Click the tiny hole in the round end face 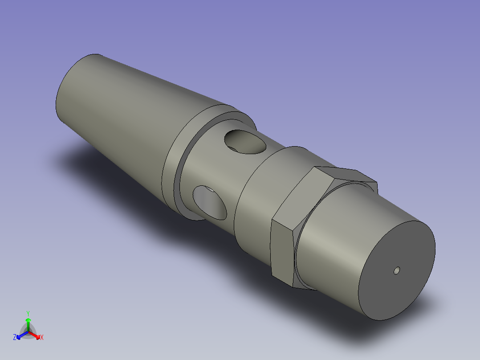click(397, 270)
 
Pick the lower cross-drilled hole click(209, 201)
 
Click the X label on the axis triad click(42, 337)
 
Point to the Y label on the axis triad click(28, 313)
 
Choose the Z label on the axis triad click(15, 337)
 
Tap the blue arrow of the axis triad click(20, 335)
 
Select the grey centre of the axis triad click(28, 332)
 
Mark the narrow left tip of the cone click(67, 89)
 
